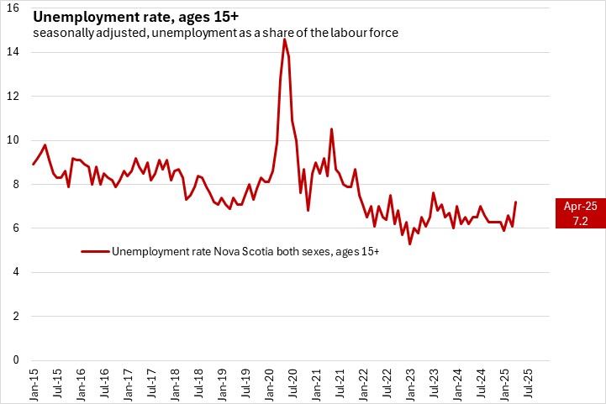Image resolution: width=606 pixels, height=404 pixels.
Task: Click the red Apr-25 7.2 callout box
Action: tap(580, 213)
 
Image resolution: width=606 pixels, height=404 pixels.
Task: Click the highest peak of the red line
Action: tap(284, 39)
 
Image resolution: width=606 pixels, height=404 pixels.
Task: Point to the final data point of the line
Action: tap(514, 202)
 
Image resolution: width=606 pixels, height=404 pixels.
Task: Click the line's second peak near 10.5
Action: tap(331, 129)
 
